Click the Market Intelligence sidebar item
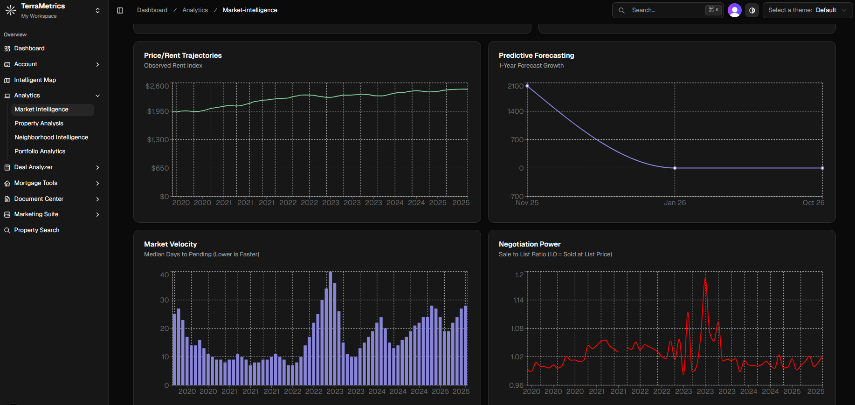point(41,110)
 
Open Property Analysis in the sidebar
point(39,124)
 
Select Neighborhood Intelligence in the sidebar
point(51,137)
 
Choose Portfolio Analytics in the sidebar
point(40,151)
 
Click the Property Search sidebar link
point(37,230)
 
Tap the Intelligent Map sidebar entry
point(35,80)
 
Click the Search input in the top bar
point(667,10)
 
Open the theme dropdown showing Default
point(807,10)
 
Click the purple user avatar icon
point(734,10)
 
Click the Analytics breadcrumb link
point(195,10)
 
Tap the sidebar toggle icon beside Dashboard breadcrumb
point(120,10)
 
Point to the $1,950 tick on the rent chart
point(158,111)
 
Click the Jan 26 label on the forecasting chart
point(675,203)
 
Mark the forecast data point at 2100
point(527,86)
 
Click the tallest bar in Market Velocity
point(331,326)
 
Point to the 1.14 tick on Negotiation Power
point(518,300)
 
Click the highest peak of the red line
point(705,279)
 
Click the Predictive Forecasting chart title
point(536,55)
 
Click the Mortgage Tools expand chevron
point(97,183)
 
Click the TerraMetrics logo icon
point(10,10)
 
